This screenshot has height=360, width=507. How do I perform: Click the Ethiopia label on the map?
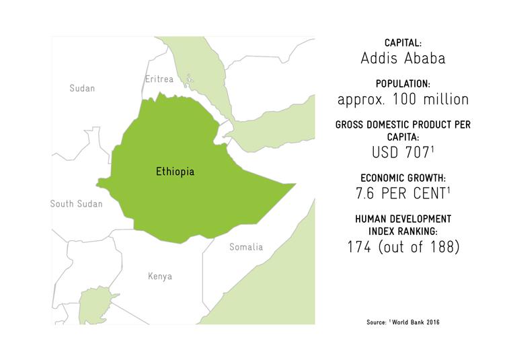(175, 172)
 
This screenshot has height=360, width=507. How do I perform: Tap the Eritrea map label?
(159, 79)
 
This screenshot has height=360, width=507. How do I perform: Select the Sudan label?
(83, 88)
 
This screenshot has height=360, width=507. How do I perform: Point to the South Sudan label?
(76, 203)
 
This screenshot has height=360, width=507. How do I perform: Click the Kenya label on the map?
(160, 277)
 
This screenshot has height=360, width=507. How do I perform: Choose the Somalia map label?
(246, 247)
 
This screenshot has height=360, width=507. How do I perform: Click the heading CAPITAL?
(402, 42)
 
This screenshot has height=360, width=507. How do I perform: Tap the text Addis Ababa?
(402, 59)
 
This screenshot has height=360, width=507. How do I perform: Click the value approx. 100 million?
(402, 100)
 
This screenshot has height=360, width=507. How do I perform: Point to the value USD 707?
(399, 153)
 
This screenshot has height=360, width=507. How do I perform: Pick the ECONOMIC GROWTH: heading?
(402, 178)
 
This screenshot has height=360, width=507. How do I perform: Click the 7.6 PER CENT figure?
(399, 194)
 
